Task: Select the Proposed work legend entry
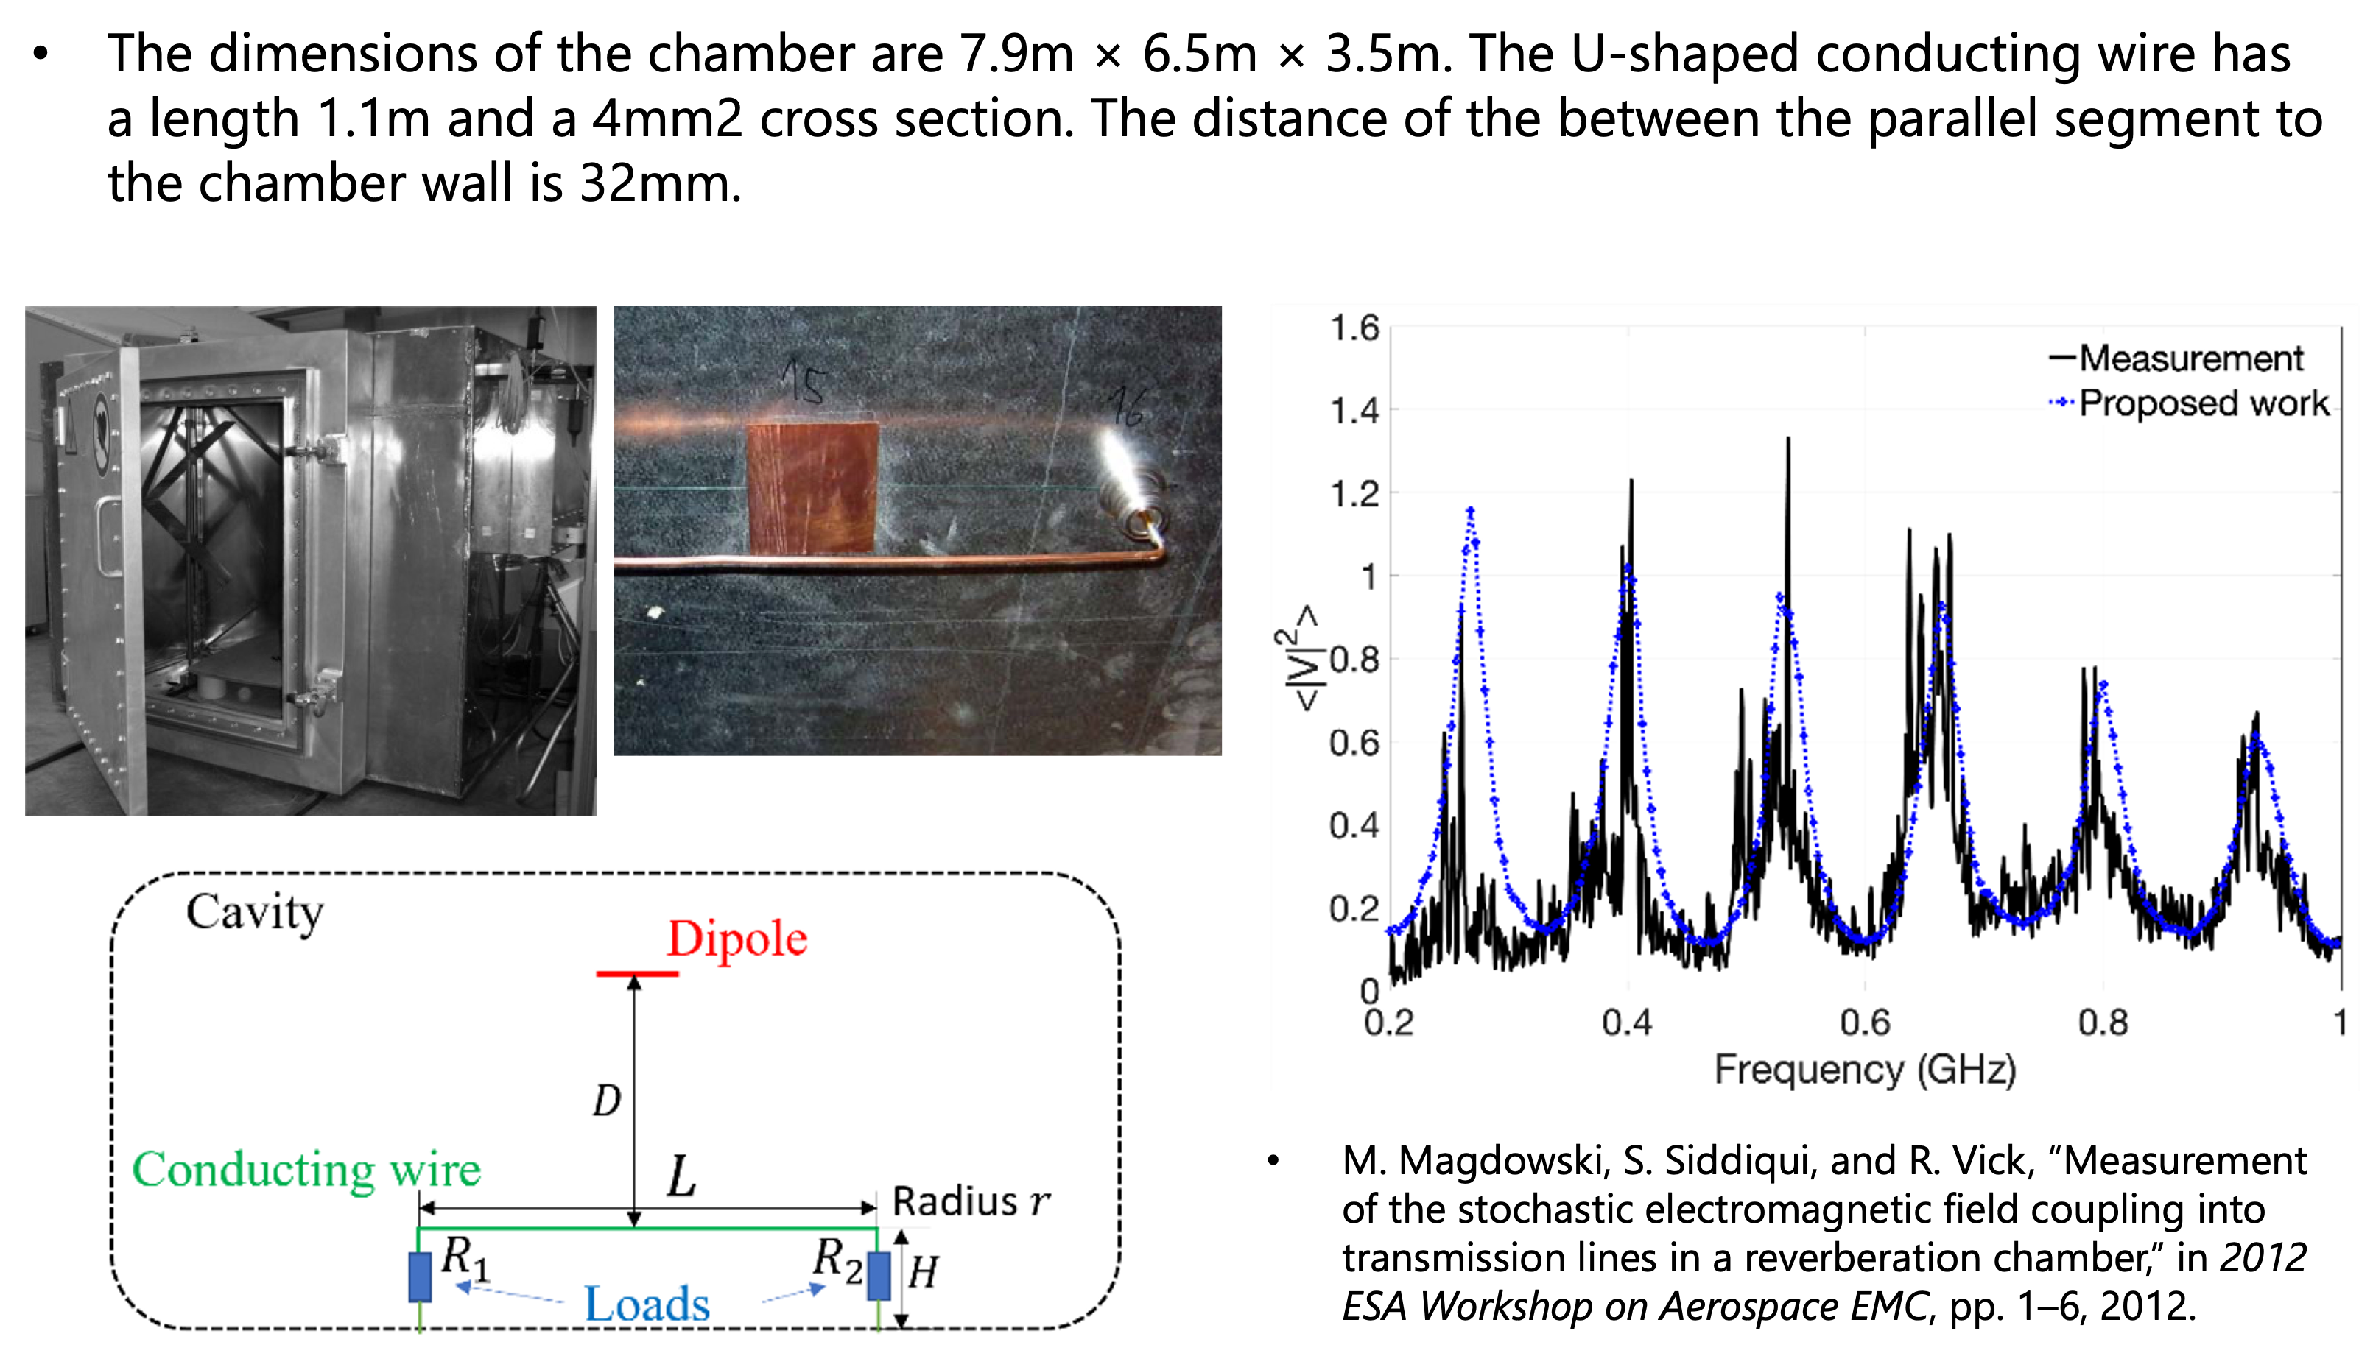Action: (x=2203, y=403)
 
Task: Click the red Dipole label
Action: (x=737, y=939)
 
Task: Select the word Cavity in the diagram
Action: (x=254, y=912)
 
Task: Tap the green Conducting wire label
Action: (x=306, y=1170)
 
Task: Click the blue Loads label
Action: (x=647, y=1304)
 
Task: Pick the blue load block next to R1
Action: (x=421, y=1276)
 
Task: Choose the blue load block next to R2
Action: (x=879, y=1276)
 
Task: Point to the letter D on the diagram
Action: (x=607, y=1102)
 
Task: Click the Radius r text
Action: (x=971, y=1201)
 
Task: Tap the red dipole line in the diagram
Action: (x=637, y=973)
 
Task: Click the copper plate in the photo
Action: (x=812, y=488)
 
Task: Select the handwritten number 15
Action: (x=803, y=382)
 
